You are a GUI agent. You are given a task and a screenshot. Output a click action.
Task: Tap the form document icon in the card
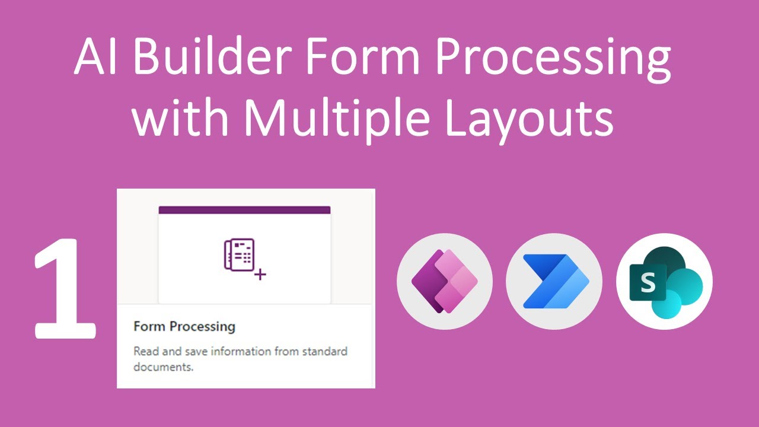click(x=239, y=255)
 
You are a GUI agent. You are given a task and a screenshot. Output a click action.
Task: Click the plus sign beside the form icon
click(x=260, y=275)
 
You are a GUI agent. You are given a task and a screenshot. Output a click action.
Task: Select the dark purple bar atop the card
click(x=244, y=210)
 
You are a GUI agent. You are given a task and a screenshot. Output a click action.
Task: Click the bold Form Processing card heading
click(x=184, y=327)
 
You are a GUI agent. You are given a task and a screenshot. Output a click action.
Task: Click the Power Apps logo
click(x=445, y=281)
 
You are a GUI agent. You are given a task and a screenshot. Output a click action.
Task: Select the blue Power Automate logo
click(x=554, y=281)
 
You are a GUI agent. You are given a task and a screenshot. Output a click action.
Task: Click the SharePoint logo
click(x=664, y=281)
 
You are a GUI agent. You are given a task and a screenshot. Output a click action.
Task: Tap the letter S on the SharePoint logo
click(x=648, y=284)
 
